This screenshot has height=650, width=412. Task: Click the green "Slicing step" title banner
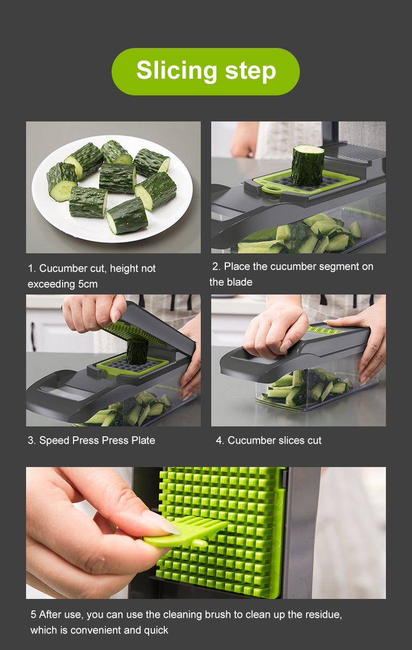point(205,71)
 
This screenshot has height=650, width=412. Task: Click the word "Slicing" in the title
point(176,71)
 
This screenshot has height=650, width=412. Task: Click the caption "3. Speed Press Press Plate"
point(91,440)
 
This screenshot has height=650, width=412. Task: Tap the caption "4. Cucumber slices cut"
point(269,440)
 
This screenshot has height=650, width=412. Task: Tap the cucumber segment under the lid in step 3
point(137,352)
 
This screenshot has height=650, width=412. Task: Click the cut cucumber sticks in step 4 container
point(308,388)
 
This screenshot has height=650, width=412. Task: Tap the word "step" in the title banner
point(250,71)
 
